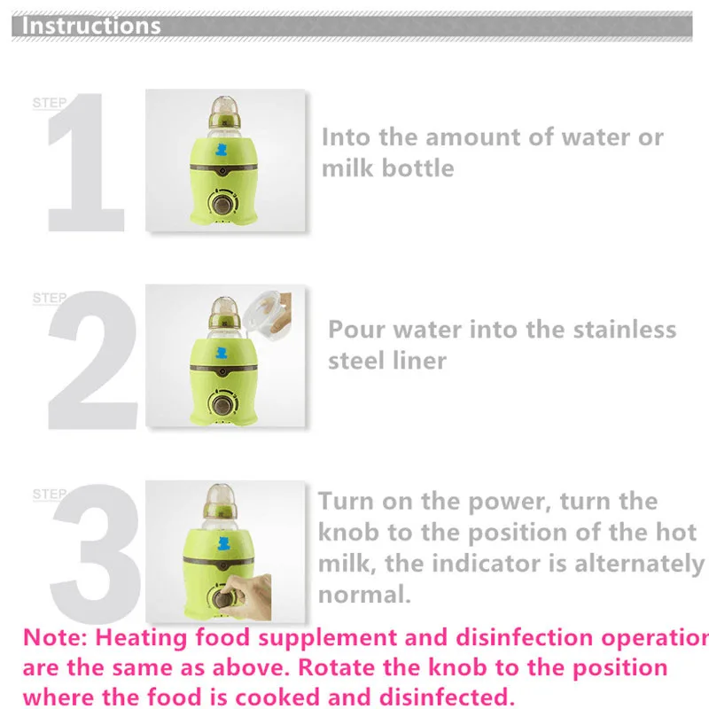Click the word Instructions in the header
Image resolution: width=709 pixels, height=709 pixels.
[x=91, y=26]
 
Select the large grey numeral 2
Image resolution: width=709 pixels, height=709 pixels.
[x=93, y=360]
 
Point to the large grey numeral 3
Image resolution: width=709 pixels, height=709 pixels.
[x=96, y=553]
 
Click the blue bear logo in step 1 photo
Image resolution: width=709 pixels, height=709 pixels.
[x=221, y=149]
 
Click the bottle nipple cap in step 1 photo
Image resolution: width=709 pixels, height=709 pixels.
[x=225, y=111]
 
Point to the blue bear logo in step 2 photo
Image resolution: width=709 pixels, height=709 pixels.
[x=221, y=352]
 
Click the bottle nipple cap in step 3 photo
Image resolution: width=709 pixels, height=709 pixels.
[x=220, y=501]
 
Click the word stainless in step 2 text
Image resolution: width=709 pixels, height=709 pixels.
[x=625, y=329]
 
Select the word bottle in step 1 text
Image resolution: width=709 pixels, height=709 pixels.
[x=417, y=168]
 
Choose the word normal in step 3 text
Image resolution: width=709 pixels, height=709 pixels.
[x=364, y=594]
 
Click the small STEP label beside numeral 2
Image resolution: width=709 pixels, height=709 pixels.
[x=50, y=298]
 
